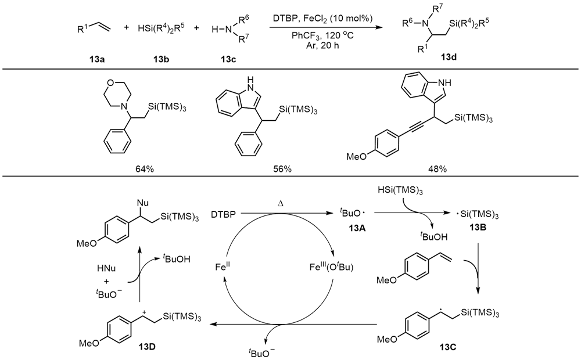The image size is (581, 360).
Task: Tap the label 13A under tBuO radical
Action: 350,228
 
